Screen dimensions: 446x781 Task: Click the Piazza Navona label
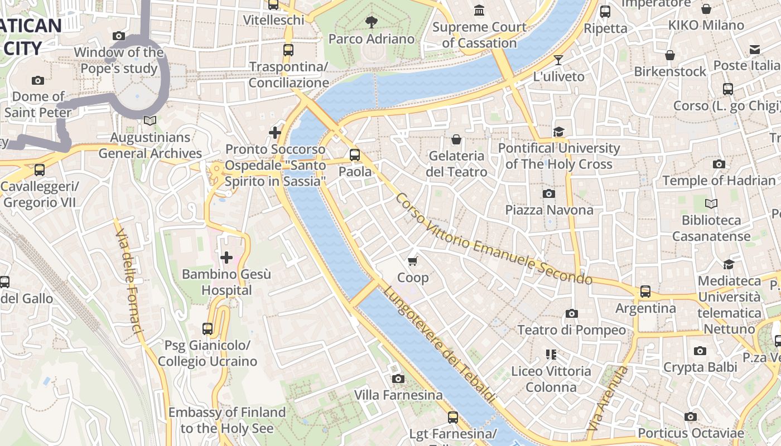pyautogui.click(x=549, y=210)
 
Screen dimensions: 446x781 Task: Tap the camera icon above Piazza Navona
pyautogui.click(x=549, y=193)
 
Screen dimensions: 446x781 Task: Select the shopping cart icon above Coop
pyautogui.click(x=413, y=261)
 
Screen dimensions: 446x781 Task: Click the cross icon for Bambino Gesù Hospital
pyautogui.click(x=226, y=258)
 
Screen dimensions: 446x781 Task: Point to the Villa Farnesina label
pyautogui.click(x=398, y=395)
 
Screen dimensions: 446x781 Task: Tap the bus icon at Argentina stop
pyautogui.click(x=645, y=291)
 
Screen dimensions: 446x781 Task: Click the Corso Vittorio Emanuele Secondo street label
pyautogui.click(x=493, y=239)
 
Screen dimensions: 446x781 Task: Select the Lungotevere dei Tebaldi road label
pyautogui.click(x=439, y=345)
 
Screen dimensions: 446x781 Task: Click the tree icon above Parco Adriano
pyautogui.click(x=371, y=22)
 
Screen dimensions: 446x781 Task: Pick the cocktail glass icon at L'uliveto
pyautogui.click(x=558, y=60)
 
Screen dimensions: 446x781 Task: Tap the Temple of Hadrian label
pyautogui.click(x=719, y=181)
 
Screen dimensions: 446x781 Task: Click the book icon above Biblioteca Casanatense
pyautogui.click(x=711, y=204)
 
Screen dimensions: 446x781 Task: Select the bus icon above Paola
pyautogui.click(x=355, y=155)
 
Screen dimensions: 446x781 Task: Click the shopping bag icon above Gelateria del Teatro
pyautogui.click(x=456, y=139)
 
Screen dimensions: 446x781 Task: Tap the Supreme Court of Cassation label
pyautogui.click(x=479, y=35)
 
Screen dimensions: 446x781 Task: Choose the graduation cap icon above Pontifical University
pyautogui.click(x=558, y=132)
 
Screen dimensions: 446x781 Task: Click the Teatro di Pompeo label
pyautogui.click(x=571, y=330)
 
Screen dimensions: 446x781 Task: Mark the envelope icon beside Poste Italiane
pyautogui.click(x=755, y=50)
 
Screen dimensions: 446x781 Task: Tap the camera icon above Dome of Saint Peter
pyautogui.click(x=38, y=80)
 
